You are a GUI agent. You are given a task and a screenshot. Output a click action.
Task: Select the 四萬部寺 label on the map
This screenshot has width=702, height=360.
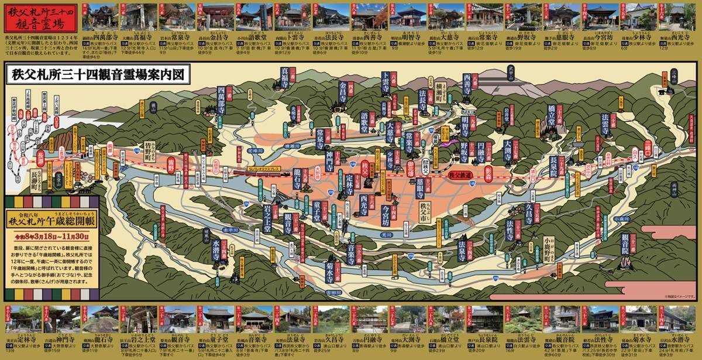(221, 100)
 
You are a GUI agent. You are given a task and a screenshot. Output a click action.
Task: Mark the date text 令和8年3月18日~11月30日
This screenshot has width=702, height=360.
(53, 236)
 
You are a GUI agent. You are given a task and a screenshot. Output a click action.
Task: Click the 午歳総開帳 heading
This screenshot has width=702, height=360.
(53, 221)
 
